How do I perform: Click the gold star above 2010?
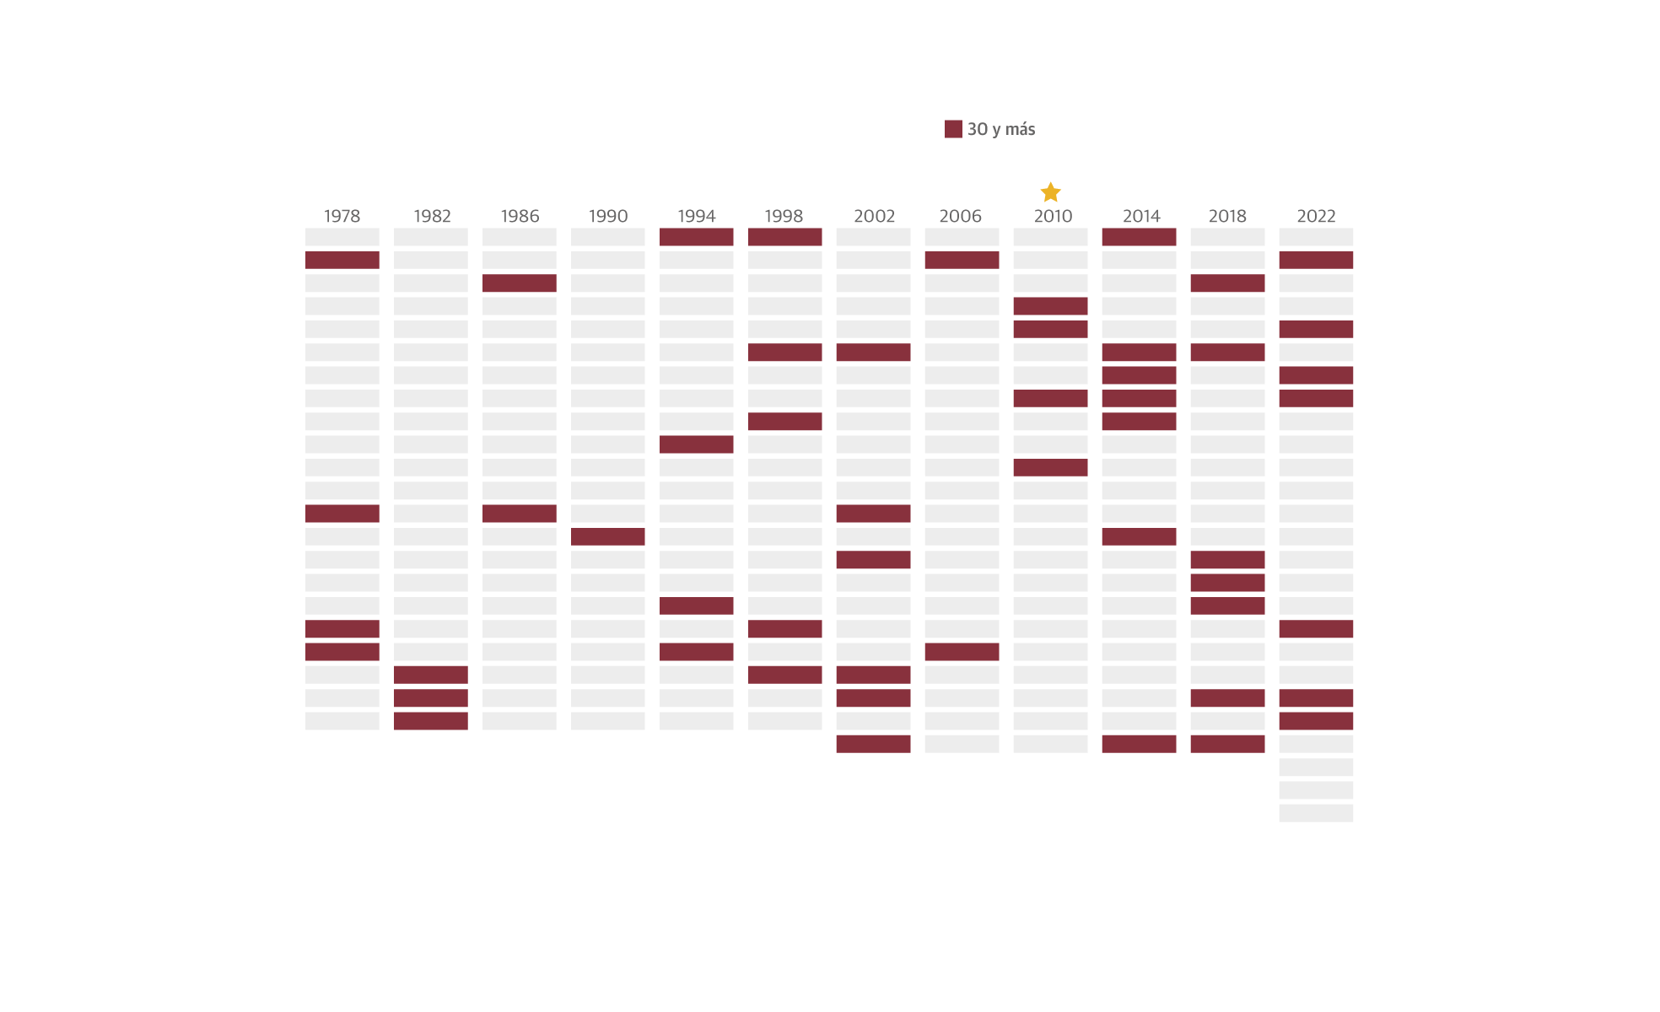[1050, 192]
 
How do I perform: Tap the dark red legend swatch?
[953, 129]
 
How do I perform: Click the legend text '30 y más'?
[1001, 129]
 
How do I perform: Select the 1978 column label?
[342, 216]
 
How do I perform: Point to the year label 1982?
[432, 216]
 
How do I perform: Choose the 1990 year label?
[608, 216]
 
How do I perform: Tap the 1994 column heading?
[696, 216]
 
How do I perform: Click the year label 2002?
[874, 216]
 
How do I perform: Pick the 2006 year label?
[960, 216]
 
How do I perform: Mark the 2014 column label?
[1141, 216]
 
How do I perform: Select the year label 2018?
[1227, 216]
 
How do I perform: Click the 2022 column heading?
[1316, 216]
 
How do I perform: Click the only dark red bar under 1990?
[607, 536]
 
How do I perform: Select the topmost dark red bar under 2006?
[962, 260]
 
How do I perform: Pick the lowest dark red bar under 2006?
[962, 652]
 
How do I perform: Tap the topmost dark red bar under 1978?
[342, 260]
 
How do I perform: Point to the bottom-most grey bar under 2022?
[1316, 813]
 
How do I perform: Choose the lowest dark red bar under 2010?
[1050, 467]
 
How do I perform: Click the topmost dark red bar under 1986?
[519, 283]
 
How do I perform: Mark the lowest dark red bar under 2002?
[873, 744]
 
